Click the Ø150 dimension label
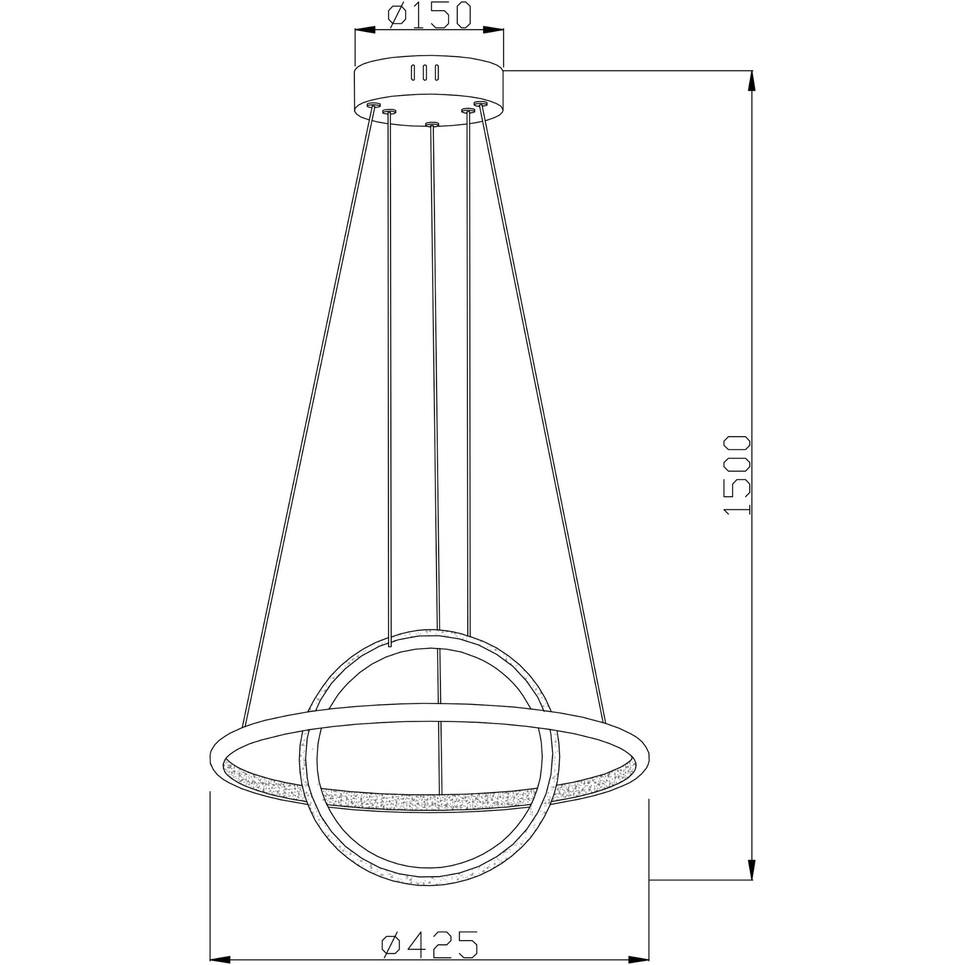tap(429, 16)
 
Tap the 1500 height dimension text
tap(737, 474)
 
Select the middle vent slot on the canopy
tap(424, 73)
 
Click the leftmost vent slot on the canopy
tap(412, 73)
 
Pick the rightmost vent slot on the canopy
tap(436, 73)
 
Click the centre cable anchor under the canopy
tap(432, 123)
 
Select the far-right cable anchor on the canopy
tap(481, 103)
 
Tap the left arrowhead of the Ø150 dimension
tap(365, 31)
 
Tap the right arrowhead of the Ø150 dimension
tap(493, 31)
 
